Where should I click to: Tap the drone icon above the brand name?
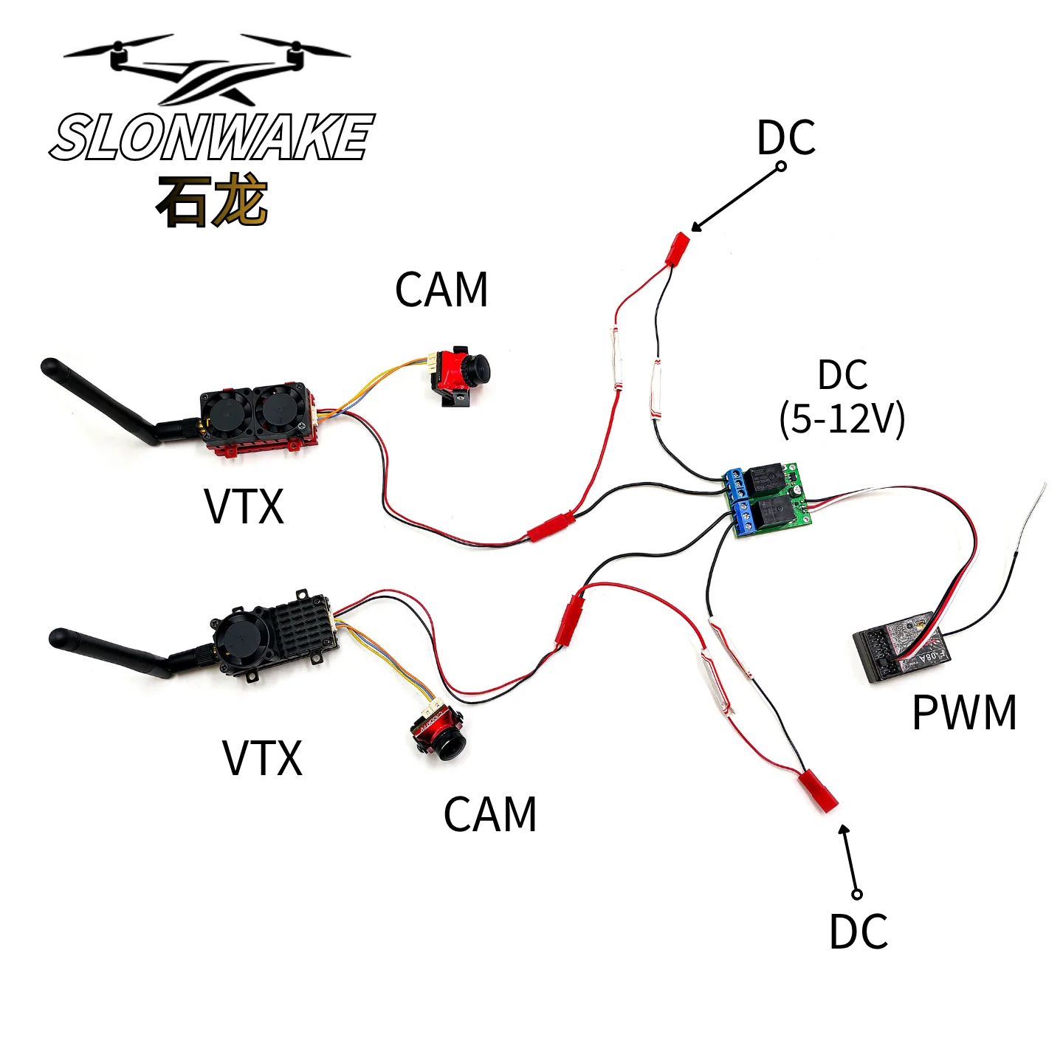(x=207, y=69)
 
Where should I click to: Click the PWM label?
(x=964, y=712)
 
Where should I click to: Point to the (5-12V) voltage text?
(x=842, y=419)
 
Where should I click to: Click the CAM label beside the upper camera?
(x=441, y=289)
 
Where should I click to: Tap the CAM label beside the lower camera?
(x=490, y=814)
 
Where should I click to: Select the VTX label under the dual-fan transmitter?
(x=244, y=506)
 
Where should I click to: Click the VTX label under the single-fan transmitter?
(x=262, y=758)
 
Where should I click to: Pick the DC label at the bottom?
(x=859, y=932)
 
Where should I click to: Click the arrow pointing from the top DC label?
(x=737, y=198)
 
